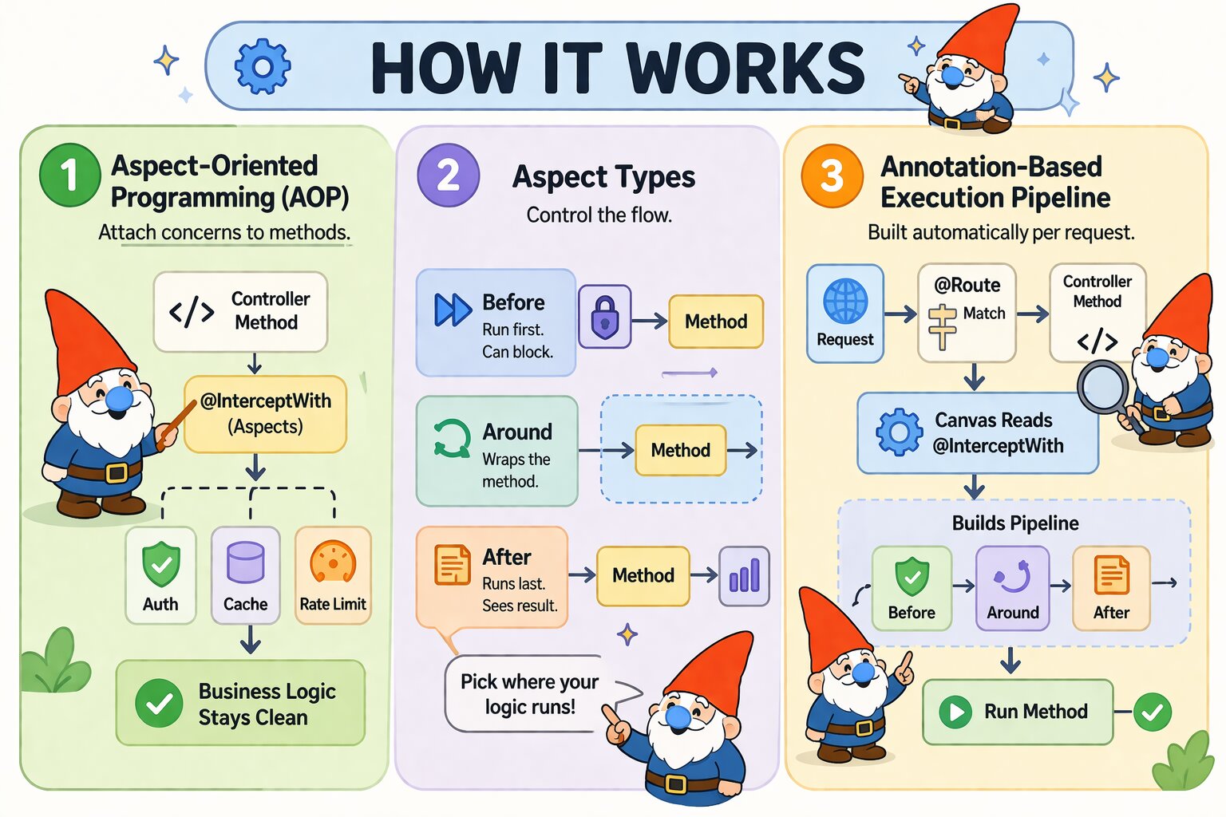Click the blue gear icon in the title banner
coord(262,67)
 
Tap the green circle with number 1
coord(69,175)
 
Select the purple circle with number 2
coord(448,175)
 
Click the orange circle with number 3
coord(832,176)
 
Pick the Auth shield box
coord(160,574)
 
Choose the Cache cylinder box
coord(245,574)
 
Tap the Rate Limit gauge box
coord(333,574)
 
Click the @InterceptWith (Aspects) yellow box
coord(265,413)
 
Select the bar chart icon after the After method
coord(744,575)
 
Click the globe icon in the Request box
coord(844,302)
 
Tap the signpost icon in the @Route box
coord(943,326)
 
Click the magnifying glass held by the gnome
coord(1103,387)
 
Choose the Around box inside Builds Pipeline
coord(1012,588)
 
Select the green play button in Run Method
coord(955,711)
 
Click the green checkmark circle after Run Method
coord(1152,711)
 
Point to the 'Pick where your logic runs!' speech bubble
coord(529,693)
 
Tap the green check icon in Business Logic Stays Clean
coord(159,703)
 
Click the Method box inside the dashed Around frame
coord(680,450)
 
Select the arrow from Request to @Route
coord(900,314)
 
